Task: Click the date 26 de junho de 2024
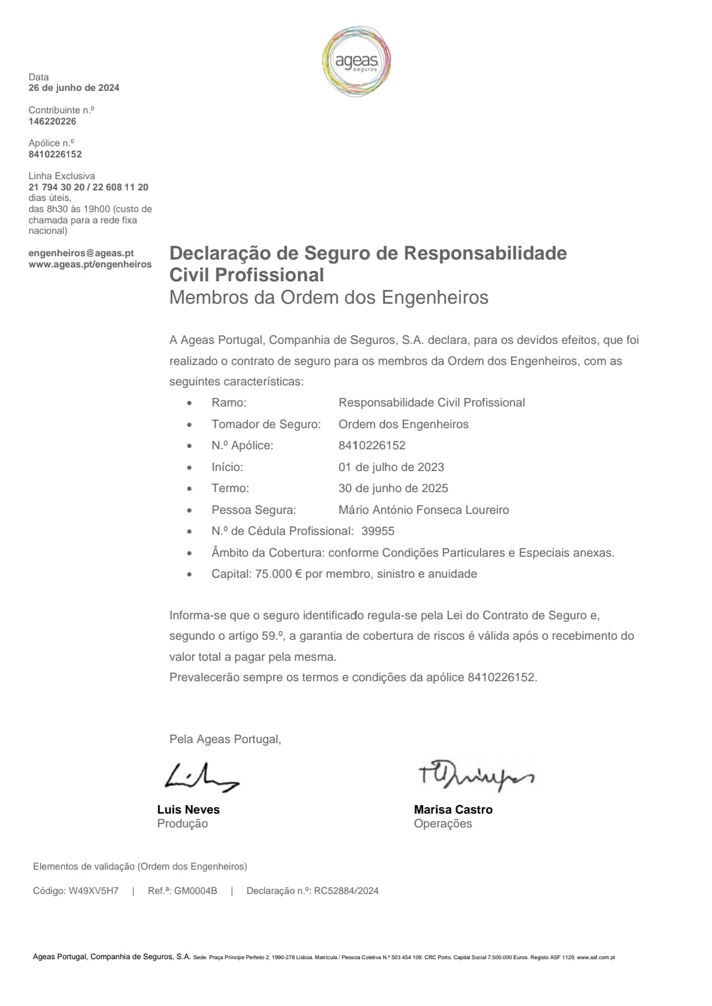pyautogui.click(x=74, y=88)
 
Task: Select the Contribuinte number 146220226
pyautogui.click(x=52, y=121)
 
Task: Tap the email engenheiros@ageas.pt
pyautogui.click(x=81, y=253)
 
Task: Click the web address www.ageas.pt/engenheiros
pyautogui.click(x=90, y=264)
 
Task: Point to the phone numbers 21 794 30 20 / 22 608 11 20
pyautogui.click(x=88, y=187)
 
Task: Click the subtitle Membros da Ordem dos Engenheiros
pyautogui.click(x=328, y=298)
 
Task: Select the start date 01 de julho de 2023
pyautogui.click(x=391, y=467)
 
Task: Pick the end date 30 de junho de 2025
pyautogui.click(x=393, y=488)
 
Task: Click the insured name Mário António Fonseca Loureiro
pyautogui.click(x=423, y=510)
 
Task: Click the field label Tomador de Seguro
pyautogui.click(x=266, y=424)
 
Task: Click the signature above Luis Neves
pyautogui.click(x=201, y=777)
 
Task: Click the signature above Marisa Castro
pyautogui.click(x=475, y=777)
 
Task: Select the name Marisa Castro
pyautogui.click(x=453, y=810)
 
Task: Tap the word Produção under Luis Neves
pyautogui.click(x=182, y=824)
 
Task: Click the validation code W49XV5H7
pyautogui.click(x=94, y=891)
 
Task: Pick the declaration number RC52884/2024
pyautogui.click(x=346, y=891)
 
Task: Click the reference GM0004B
pyautogui.click(x=195, y=891)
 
